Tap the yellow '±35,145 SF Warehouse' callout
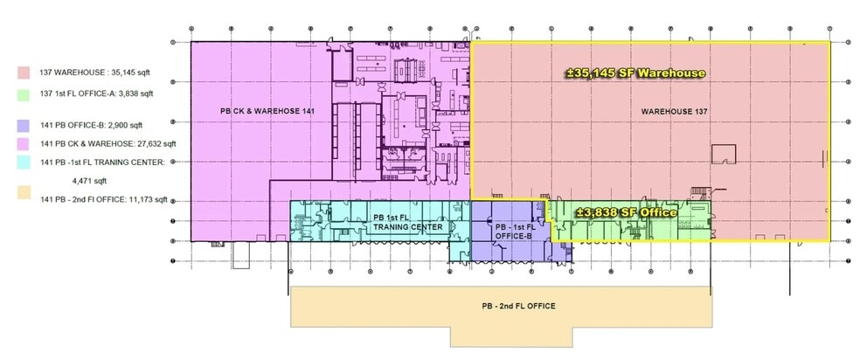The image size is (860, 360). pos(635,73)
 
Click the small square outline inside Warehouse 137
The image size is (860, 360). pos(722,154)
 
